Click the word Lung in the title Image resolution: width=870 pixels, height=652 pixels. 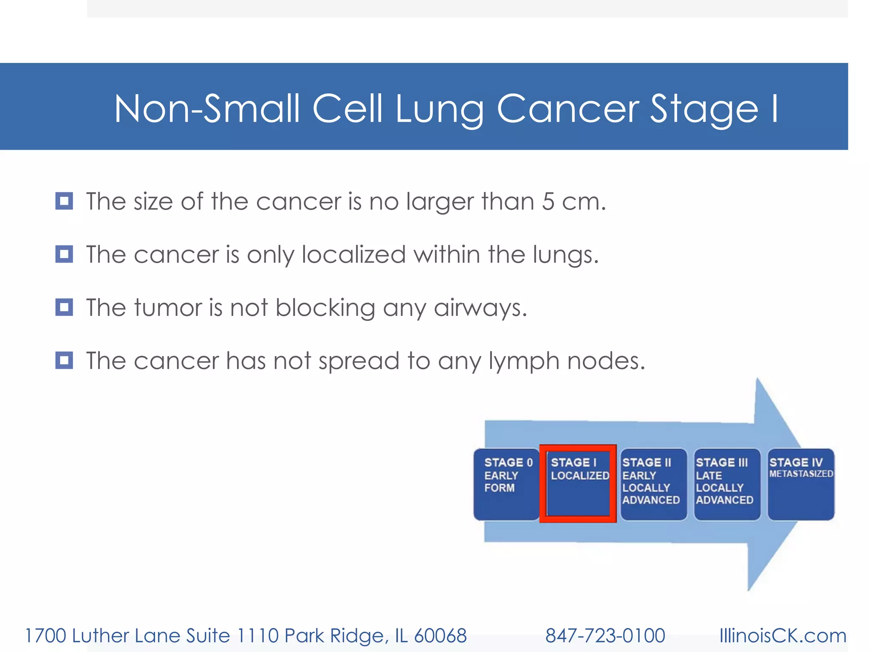[440, 110]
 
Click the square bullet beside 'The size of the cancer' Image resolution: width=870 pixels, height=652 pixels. [64, 201]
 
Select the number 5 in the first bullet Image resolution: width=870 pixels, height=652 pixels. [548, 201]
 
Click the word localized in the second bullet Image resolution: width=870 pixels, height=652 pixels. [353, 255]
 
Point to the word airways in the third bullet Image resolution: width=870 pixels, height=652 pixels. [480, 308]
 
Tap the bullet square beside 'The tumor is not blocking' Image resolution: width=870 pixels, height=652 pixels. [64, 307]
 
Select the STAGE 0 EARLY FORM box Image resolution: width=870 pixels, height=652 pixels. [506, 484]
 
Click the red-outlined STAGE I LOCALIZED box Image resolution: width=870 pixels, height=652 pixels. [578, 484]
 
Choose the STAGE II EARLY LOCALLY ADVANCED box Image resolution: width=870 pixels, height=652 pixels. [653, 484]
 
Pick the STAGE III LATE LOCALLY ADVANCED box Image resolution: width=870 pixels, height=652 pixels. [727, 484]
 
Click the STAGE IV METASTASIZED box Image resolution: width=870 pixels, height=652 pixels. [801, 484]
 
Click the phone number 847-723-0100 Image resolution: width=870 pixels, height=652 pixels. [605, 636]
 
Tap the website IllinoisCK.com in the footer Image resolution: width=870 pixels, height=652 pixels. [782, 636]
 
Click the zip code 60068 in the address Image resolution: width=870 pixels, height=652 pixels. [440, 636]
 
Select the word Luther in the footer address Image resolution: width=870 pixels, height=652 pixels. [100, 636]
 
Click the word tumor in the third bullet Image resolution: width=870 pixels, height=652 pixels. [168, 308]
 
